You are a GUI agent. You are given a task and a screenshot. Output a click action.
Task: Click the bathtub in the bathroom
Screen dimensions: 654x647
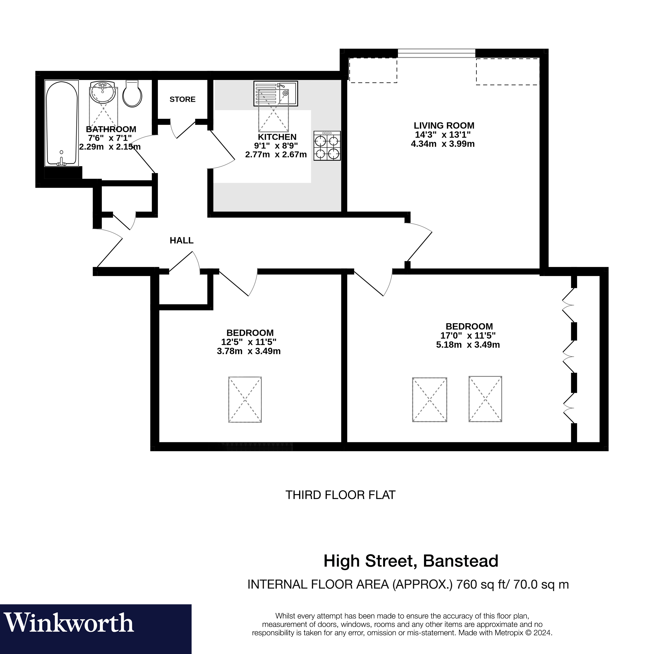coord(62,123)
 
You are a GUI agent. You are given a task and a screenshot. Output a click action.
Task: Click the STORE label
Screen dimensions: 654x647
coord(182,99)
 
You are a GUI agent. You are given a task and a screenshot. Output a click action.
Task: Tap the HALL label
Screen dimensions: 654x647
coord(182,240)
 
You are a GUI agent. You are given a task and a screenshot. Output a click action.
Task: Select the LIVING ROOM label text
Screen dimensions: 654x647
coord(444,126)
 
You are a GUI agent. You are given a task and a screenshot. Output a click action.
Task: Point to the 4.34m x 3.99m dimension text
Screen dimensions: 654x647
coord(443,144)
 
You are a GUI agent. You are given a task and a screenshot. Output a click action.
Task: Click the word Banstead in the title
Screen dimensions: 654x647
coord(460,561)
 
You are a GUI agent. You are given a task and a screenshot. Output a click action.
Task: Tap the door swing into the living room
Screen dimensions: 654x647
coord(419,242)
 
